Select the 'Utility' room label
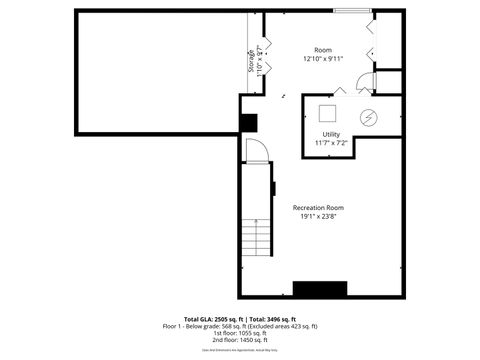330,134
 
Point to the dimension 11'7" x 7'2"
330,143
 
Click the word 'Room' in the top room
322,50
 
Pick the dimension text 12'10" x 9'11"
322,59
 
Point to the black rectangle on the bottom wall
320,289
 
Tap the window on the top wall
350,11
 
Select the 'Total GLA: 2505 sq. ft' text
205,318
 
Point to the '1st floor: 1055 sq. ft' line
240,334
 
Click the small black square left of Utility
248,122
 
